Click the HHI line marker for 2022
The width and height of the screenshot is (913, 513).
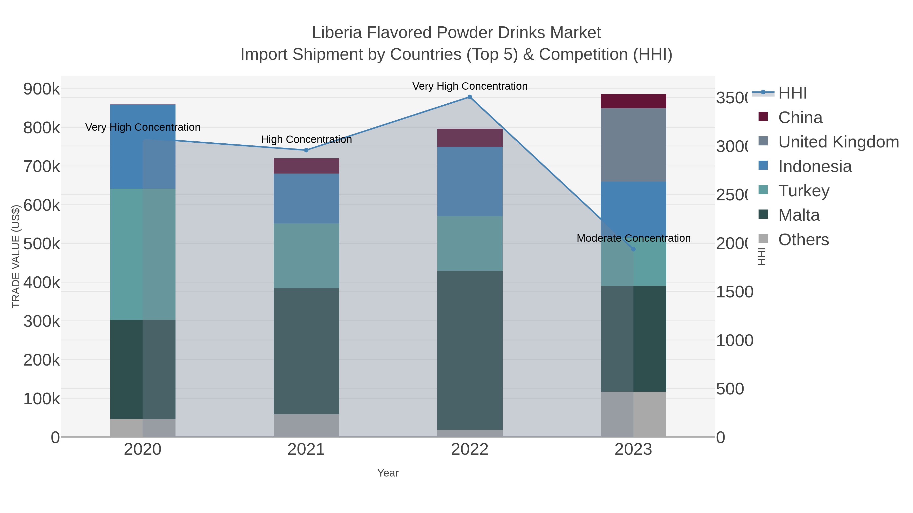[470, 97]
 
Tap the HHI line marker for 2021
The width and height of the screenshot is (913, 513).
[306, 150]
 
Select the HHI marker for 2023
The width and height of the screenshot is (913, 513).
[633, 249]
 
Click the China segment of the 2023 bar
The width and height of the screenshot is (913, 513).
[633, 101]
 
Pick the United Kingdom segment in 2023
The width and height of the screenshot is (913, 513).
[633, 145]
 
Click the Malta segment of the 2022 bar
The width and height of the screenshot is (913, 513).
[470, 351]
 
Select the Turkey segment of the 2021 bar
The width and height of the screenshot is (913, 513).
[306, 256]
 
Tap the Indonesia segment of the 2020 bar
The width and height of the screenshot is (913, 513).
[143, 147]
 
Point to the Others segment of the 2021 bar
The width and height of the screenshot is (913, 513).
[306, 426]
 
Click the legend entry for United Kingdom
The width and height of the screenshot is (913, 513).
[838, 142]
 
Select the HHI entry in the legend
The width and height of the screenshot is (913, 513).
[793, 93]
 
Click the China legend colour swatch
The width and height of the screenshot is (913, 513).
[763, 117]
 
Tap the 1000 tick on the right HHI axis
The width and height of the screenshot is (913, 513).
[734, 340]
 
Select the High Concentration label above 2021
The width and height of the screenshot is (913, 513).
[306, 140]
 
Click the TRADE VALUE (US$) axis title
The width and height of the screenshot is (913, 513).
[16, 256]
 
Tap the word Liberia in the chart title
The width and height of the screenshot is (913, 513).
[337, 33]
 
